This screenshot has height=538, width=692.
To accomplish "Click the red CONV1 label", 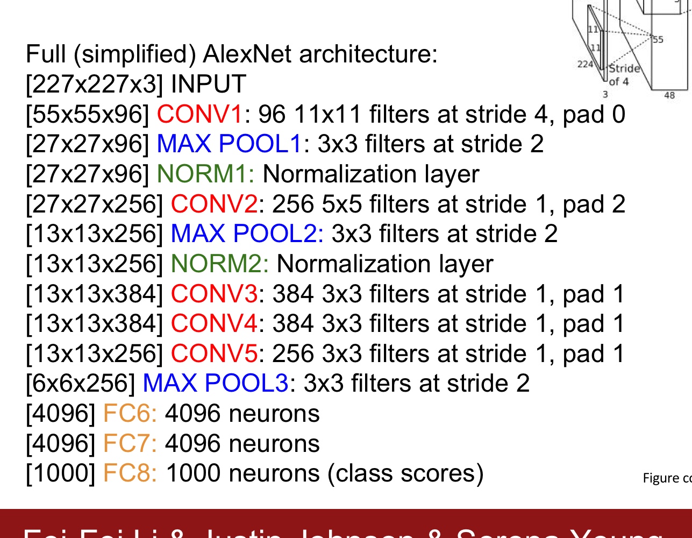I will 200,115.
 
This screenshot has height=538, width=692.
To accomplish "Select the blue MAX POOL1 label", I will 230,144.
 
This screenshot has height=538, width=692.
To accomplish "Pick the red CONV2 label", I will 214,204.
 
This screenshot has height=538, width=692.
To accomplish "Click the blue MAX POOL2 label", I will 247,234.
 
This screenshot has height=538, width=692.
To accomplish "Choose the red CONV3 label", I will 214,294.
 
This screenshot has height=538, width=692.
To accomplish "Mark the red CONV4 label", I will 214,324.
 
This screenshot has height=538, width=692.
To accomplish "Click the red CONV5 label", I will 214,354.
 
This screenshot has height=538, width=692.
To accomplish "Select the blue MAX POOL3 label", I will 216,384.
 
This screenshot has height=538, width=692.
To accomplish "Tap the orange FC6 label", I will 130,414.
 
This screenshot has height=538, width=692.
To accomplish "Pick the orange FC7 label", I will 130,444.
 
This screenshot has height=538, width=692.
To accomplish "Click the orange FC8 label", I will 130,473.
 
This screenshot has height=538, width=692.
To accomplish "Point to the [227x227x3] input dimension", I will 94,84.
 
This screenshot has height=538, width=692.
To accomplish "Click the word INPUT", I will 209,84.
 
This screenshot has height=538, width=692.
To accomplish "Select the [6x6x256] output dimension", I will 81,384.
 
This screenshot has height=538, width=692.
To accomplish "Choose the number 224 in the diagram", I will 585,64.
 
